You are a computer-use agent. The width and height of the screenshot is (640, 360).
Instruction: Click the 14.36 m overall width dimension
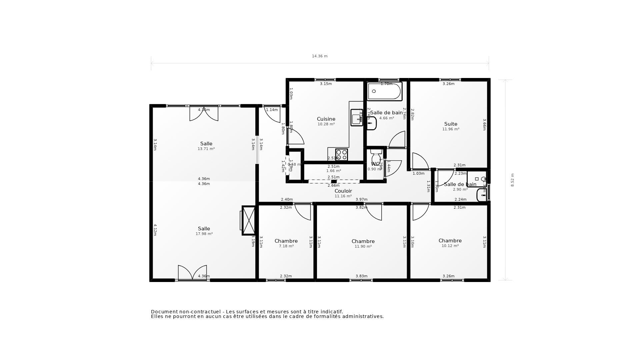319,56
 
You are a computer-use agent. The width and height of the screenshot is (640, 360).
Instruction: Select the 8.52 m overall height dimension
512,180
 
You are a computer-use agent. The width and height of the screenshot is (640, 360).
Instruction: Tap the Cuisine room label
326,119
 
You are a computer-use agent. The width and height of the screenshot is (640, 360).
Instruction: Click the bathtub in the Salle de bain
385,91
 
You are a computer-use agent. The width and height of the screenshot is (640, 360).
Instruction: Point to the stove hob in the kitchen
342,155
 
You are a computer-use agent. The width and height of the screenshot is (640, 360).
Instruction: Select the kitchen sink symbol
357,118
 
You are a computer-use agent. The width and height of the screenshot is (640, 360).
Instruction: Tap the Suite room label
451,124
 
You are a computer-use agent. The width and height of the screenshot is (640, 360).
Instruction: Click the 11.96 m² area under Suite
451,129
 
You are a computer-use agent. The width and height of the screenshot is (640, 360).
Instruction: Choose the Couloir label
343,191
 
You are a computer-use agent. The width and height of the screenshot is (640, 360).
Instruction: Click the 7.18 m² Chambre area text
286,246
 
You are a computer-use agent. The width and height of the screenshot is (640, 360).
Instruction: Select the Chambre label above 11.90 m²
363,241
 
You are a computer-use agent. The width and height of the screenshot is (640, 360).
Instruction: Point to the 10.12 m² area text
450,246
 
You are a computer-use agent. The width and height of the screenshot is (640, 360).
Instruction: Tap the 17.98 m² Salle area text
204,234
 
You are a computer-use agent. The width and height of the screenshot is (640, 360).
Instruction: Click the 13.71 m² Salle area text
206,149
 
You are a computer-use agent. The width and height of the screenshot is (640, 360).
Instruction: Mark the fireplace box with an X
249,221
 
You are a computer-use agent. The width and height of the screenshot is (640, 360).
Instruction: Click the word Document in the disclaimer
164,312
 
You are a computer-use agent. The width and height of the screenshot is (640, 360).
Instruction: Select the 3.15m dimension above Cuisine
326,84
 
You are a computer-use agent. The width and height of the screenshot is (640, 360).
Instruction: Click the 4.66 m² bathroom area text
386,118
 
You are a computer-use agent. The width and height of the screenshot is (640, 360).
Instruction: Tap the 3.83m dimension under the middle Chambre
361,276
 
